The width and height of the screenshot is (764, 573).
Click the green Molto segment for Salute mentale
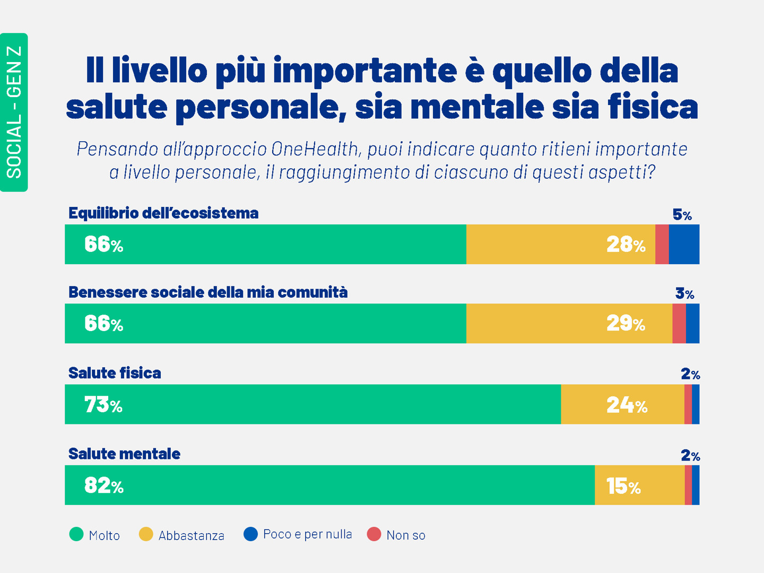point(329,485)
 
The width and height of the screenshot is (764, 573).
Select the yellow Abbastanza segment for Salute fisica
point(622,404)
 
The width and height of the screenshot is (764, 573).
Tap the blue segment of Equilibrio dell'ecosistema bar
point(684,244)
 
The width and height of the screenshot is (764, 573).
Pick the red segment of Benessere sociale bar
point(679,324)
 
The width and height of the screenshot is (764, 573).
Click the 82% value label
point(104,486)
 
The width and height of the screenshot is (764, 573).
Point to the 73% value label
point(103,405)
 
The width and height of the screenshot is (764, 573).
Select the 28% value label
point(626,245)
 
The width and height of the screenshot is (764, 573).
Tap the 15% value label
point(623,487)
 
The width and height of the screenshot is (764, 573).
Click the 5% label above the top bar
point(682,215)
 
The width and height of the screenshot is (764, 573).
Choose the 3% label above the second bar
point(684,293)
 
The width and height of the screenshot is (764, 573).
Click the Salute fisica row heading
point(115,373)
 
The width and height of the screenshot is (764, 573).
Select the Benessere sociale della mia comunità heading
point(208,292)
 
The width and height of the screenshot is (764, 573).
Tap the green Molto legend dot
point(76,534)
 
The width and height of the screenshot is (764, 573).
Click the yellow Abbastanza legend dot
point(146,534)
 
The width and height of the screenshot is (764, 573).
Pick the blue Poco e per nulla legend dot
point(250,534)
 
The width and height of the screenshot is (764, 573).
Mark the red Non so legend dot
point(374,534)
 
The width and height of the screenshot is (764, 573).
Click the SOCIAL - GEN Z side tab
point(14,112)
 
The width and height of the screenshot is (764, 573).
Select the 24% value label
point(627,406)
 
